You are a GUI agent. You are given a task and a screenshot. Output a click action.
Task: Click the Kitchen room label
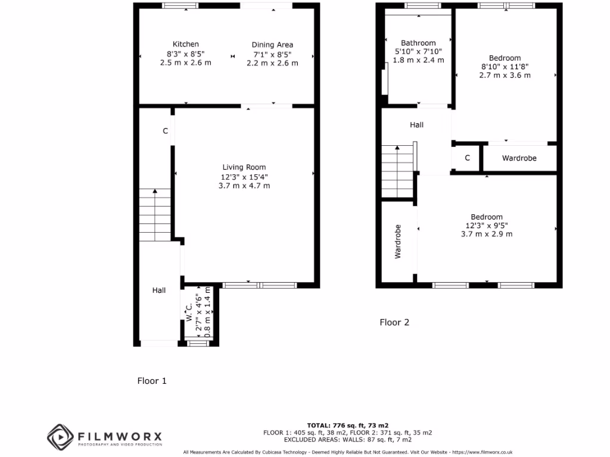coord(185,44)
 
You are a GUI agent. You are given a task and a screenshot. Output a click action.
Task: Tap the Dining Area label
coord(272,45)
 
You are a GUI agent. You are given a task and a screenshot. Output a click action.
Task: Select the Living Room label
coord(244,167)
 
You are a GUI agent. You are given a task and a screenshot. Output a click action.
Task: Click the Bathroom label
coord(418,43)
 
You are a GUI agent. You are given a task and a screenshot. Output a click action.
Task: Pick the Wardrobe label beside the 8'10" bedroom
coord(519,158)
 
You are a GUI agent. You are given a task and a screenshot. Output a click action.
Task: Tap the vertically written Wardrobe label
coord(398,241)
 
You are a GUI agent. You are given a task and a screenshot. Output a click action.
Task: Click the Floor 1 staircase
coord(155,214)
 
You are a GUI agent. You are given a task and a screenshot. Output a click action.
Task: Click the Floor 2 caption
coord(394,323)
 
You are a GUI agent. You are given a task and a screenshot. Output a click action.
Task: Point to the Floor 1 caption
coord(152,381)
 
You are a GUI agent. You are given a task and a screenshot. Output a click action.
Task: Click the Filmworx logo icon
coord(60,437)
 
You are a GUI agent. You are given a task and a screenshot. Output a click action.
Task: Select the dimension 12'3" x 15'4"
coord(244,177)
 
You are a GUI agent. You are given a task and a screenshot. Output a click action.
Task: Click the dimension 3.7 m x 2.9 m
coord(486,234)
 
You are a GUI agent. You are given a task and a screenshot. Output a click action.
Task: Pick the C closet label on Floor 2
coord(468,158)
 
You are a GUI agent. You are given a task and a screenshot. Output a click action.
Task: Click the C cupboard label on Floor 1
coord(166,132)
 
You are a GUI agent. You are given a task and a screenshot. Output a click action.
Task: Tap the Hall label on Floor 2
coord(416,125)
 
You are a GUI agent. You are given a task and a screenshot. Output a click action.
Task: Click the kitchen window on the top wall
coord(180,6)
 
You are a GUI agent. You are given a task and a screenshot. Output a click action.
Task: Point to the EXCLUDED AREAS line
coord(347,440)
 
